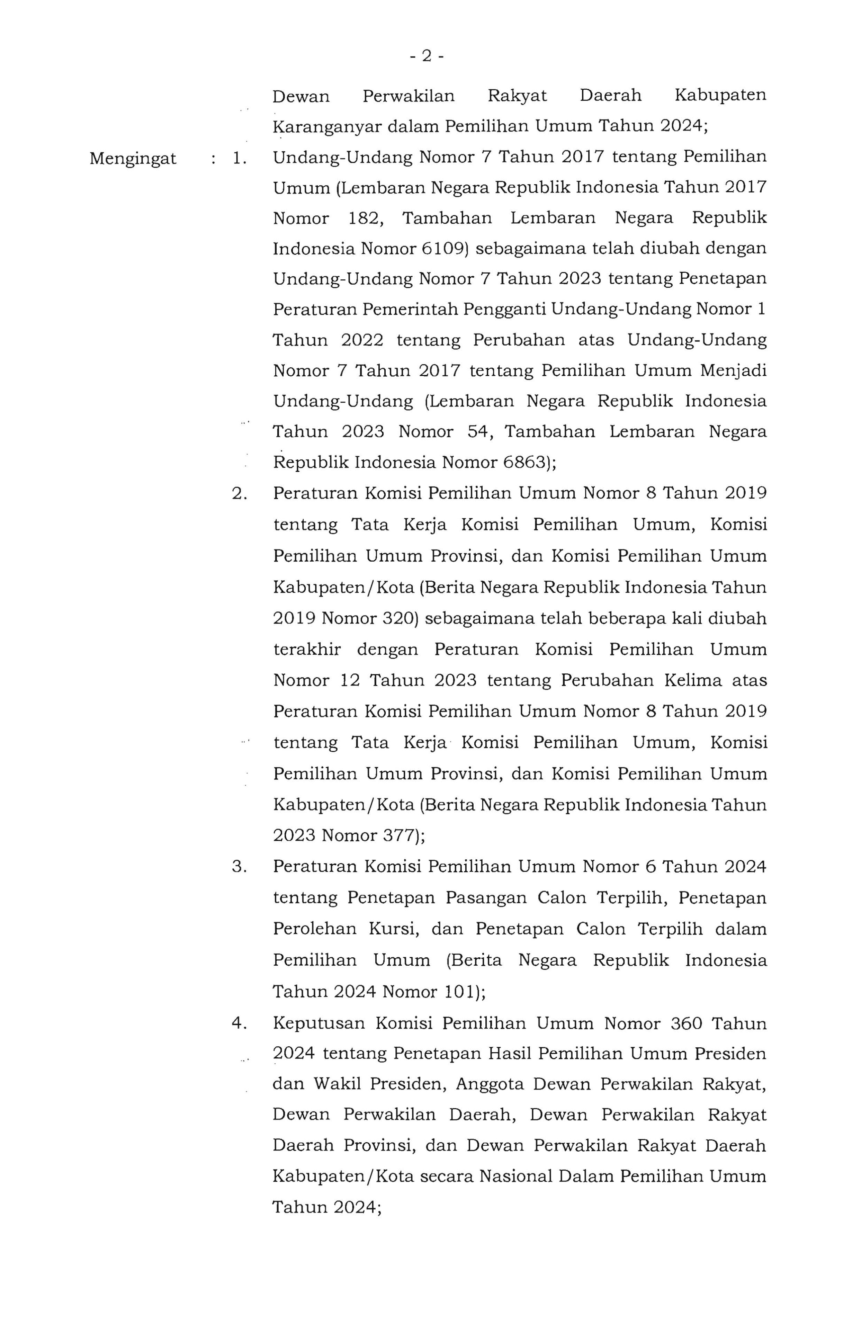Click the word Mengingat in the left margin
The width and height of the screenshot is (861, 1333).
[x=133, y=159]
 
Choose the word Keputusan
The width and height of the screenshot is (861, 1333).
[x=319, y=1024]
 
